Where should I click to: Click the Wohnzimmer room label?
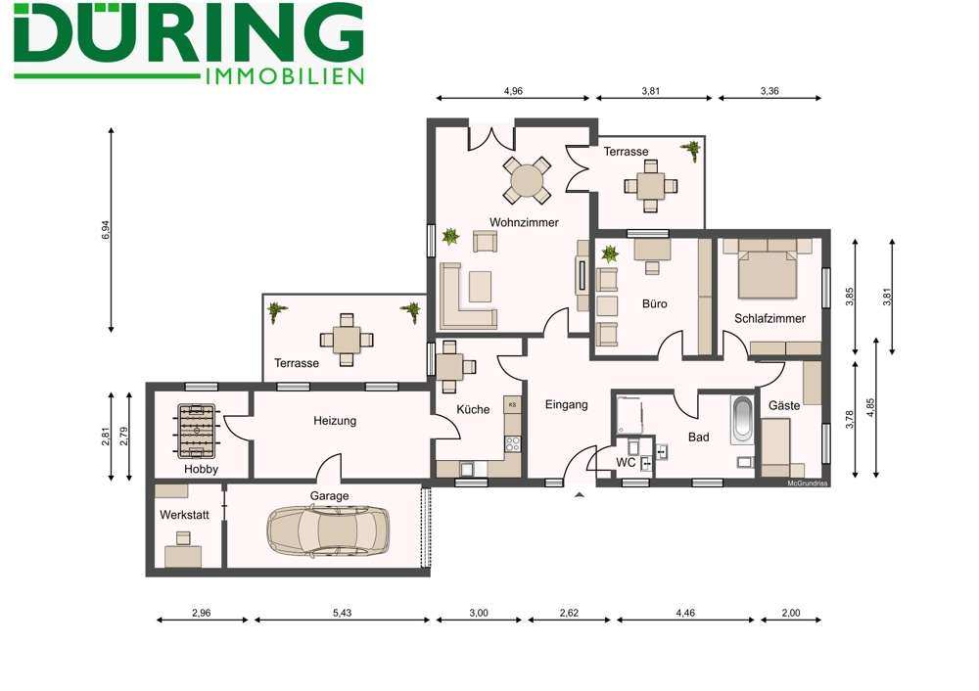pyautogui.click(x=524, y=222)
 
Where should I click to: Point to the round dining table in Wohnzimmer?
pyautogui.click(x=527, y=180)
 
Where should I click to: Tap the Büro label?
pyautogui.click(x=654, y=303)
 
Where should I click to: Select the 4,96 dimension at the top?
pyautogui.click(x=513, y=90)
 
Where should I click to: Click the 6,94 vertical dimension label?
pyautogui.click(x=106, y=231)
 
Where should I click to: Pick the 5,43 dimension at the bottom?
pyautogui.click(x=342, y=613)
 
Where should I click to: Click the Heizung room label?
pyautogui.click(x=335, y=420)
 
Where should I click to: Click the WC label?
pyautogui.click(x=626, y=462)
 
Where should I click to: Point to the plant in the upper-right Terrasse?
pyautogui.click(x=691, y=150)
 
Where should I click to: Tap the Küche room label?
pyautogui.click(x=473, y=409)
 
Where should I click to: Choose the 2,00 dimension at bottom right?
pyautogui.click(x=791, y=613)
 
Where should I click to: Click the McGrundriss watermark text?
pyautogui.click(x=808, y=483)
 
